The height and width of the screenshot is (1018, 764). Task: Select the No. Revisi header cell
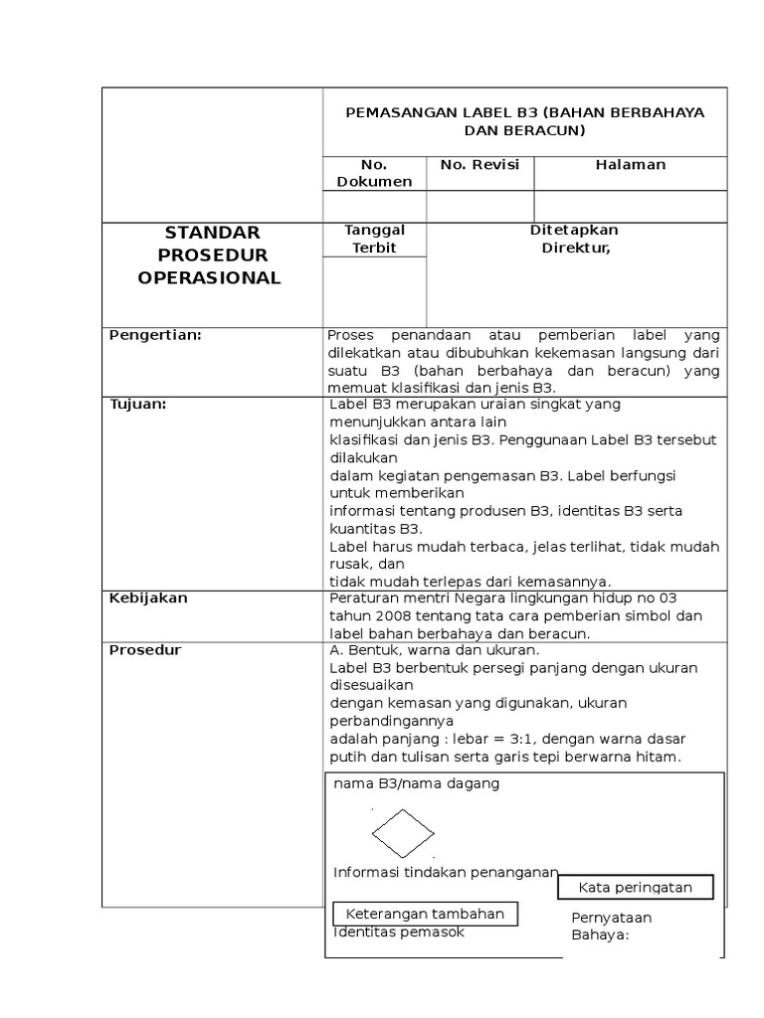click(479, 165)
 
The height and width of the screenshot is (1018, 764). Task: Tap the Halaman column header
click(630, 165)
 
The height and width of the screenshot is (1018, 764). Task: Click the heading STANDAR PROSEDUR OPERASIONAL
click(210, 255)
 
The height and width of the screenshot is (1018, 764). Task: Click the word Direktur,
click(575, 248)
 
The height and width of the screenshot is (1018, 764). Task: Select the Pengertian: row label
click(155, 335)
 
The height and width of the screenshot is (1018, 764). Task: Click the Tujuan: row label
click(137, 404)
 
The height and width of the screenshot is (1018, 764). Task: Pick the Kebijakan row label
click(148, 598)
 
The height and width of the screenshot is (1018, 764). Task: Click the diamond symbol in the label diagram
click(403, 833)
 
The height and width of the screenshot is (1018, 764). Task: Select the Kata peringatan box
click(635, 887)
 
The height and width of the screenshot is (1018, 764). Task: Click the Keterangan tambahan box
click(425, 914)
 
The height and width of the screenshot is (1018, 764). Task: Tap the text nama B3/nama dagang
click(417, 783)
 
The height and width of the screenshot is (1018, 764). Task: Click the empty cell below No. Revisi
click(479, 206)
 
